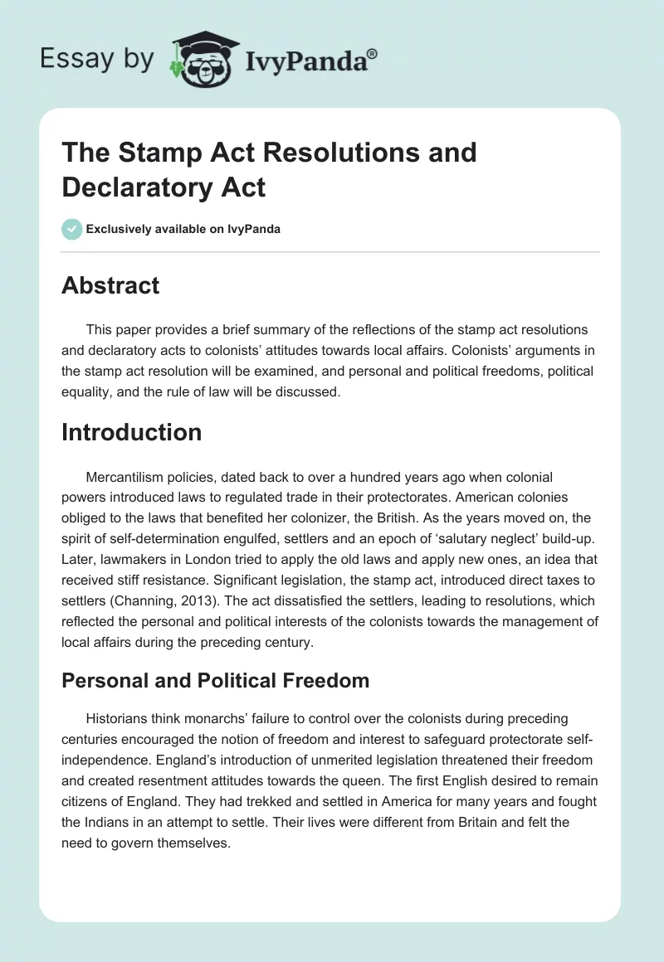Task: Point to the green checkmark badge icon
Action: tap(71, 229)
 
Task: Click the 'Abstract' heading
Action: tap(110, 285)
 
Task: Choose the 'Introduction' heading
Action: tap(131, 432)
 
